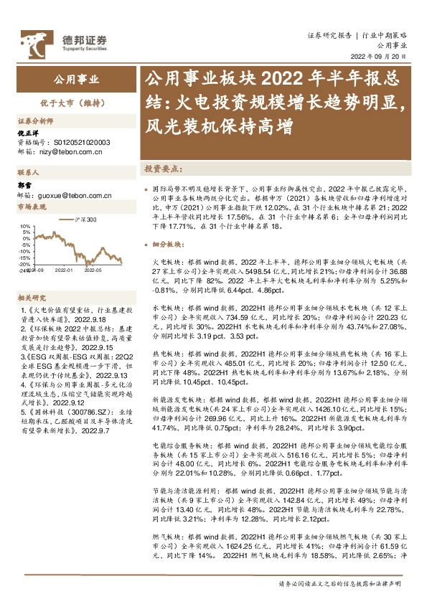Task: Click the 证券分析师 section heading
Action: [x=34, y=122]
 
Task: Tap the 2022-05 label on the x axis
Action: [x=93, y=270]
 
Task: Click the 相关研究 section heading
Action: [x=32, y=277]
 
